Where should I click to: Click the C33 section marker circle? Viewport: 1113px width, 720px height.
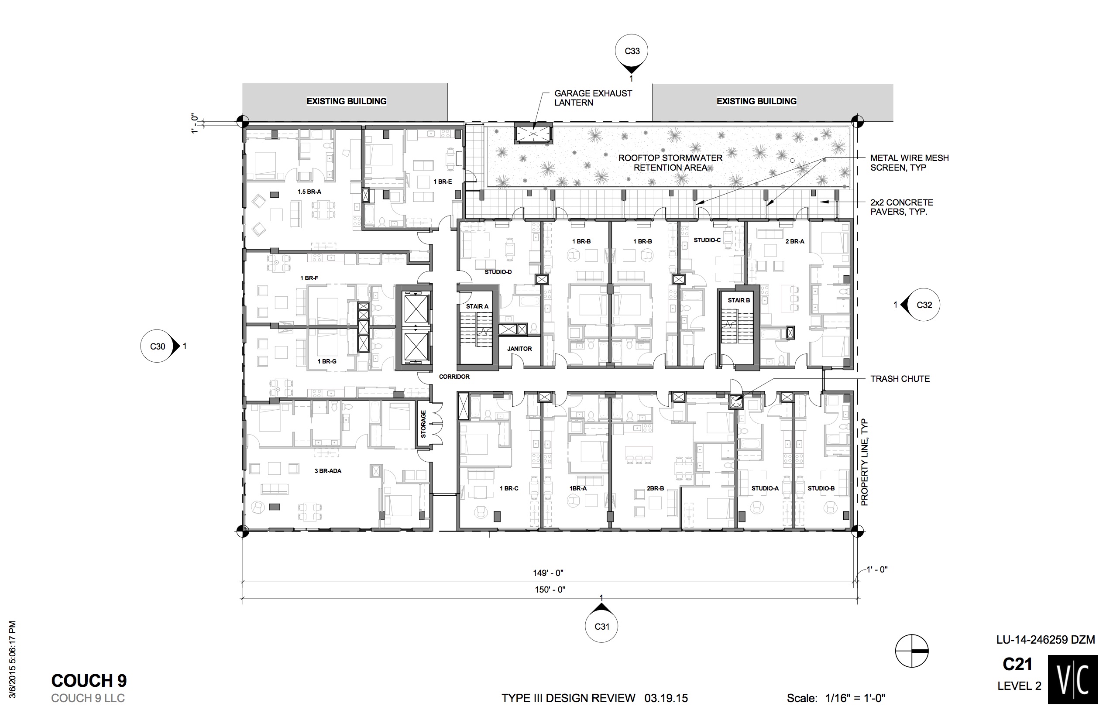point(632,51)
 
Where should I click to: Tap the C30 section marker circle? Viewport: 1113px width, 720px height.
point(157,346)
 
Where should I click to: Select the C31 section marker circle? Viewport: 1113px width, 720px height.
point(602,626)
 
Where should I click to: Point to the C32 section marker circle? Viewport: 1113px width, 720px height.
point(924,305)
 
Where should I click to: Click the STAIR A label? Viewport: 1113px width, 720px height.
point(477,307)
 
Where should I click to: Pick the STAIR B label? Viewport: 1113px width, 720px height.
point(739,300)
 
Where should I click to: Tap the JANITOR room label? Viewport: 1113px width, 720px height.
point(519,349)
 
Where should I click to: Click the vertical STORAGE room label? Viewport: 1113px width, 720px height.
point(423,425)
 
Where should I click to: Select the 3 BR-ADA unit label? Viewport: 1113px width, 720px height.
point(328,471)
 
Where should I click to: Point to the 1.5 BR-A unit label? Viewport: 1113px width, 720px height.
point(309,192)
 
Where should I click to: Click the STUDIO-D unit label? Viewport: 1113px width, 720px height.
point(498,271)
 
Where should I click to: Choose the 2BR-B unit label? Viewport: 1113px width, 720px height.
point(655,489)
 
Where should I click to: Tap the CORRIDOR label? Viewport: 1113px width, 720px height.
point(454,376)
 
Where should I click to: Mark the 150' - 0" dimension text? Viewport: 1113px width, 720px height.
point(550,590)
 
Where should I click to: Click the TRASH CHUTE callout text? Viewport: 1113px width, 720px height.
point(900,379)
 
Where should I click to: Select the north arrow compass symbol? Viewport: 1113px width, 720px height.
point(911,651)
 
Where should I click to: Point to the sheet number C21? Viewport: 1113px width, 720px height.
point(1017,664)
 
